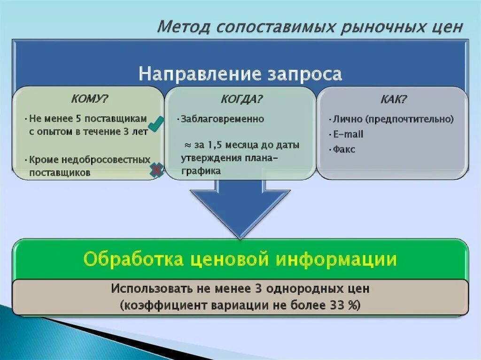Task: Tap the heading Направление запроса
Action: pos(240,74)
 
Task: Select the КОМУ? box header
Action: pos(89,99)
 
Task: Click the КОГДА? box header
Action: pos(241,99)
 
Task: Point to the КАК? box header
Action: pos(393,99)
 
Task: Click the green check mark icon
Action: pos(156,123)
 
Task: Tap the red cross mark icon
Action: pos(156,171)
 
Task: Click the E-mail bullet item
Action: pos(348,135)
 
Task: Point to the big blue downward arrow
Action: pos(240,207)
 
